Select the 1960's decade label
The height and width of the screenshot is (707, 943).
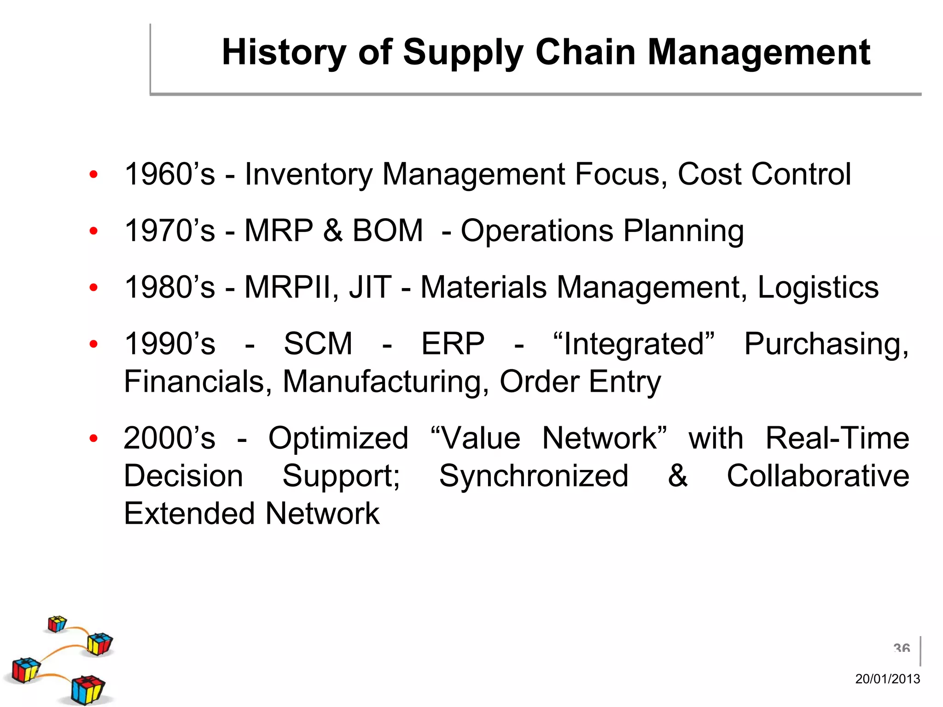pyautogui.click(x=169, y=174)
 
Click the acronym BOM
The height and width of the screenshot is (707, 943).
pyautogui.click(x=387, y=230)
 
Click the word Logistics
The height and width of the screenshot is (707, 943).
pyautogui.click(x=818, y=287)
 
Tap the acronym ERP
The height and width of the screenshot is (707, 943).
pyautogui.click(x=453, y=343)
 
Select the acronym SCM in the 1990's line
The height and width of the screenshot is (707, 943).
pyautogui.click(x=318, y=343)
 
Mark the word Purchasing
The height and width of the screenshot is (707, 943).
pyautogui.click(x=827, y=344)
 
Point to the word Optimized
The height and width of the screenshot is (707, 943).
pyautogui.click(x=338, y=438)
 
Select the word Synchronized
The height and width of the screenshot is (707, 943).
pyautogui.click(x=534, y=475)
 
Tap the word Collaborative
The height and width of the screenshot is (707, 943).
pyautogui.click(x=818, y=475)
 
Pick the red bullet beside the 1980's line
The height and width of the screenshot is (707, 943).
pyautogui.click(x=93, y=288)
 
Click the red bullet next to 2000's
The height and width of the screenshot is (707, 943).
pyautogui.click(x=93, y=438)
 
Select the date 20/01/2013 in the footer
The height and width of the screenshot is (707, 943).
pyautogui.click(x=887, y=679)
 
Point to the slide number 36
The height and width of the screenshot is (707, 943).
pyautogui.click(x=902, y=649)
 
